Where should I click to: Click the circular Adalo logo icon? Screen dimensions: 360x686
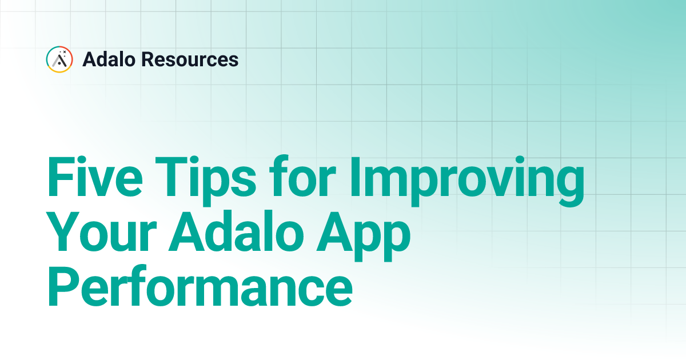59,59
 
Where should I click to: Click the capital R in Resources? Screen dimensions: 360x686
148,59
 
